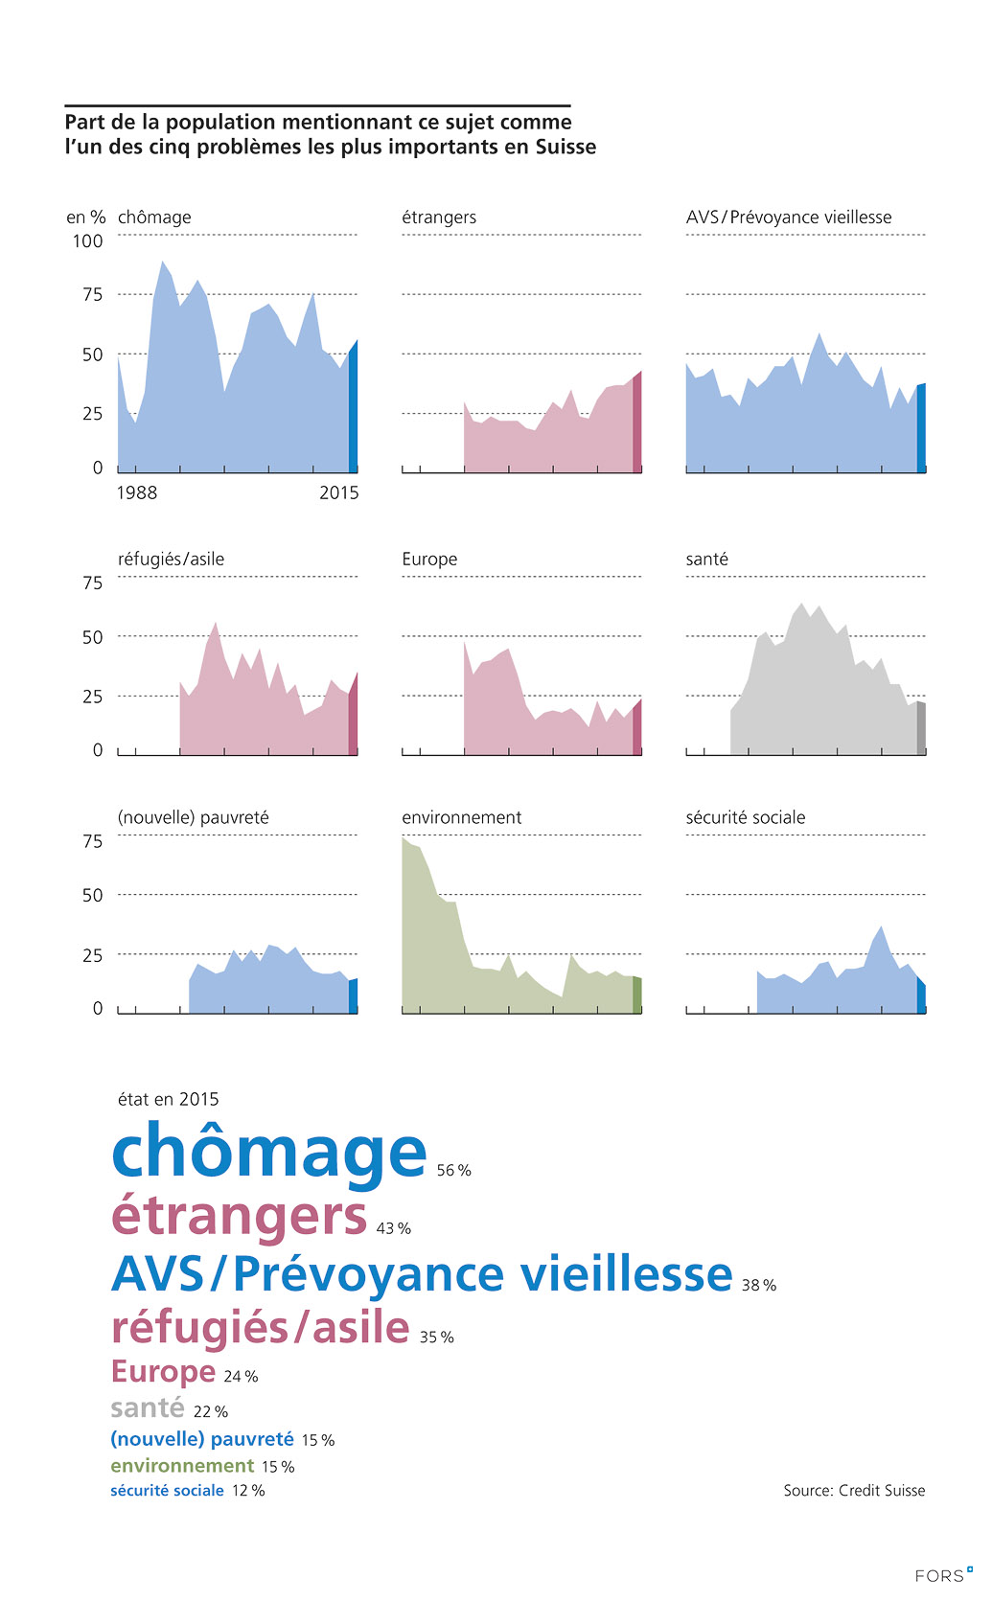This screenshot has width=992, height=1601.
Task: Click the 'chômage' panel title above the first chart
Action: point(154,217)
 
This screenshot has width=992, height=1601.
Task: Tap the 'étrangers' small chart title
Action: point(439,217)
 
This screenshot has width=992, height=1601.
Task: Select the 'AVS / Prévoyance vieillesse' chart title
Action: point(789,217)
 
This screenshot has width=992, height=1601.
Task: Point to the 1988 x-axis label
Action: point(137,492)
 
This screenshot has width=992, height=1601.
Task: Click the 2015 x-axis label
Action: point(339,492)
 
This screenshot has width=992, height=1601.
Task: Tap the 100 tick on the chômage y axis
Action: point(87,241)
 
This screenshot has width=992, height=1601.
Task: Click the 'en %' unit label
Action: point(85,217)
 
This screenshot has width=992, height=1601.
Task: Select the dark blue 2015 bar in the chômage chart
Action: point(353,407)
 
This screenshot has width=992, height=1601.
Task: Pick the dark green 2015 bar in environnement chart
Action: point(637,995)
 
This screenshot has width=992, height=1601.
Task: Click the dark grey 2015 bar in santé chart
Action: point(921,729)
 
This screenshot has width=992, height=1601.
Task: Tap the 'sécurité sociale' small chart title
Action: point(746,817)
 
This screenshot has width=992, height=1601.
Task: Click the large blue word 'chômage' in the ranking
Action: point(269,1153)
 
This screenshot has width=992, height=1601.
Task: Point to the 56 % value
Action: point(454,1171)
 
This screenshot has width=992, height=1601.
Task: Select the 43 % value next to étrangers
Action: point(394,1228)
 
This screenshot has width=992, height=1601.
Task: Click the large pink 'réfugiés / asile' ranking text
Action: point(261,1328)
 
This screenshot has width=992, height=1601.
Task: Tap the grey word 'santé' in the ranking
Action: point(148,1407)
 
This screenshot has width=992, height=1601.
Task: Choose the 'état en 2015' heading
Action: point(169,1099)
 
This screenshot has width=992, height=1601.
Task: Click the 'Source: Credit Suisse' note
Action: point(854,1490)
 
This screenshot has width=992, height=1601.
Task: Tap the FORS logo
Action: point(943,1575)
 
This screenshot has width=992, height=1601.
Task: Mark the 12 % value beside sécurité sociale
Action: point(248,1491)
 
